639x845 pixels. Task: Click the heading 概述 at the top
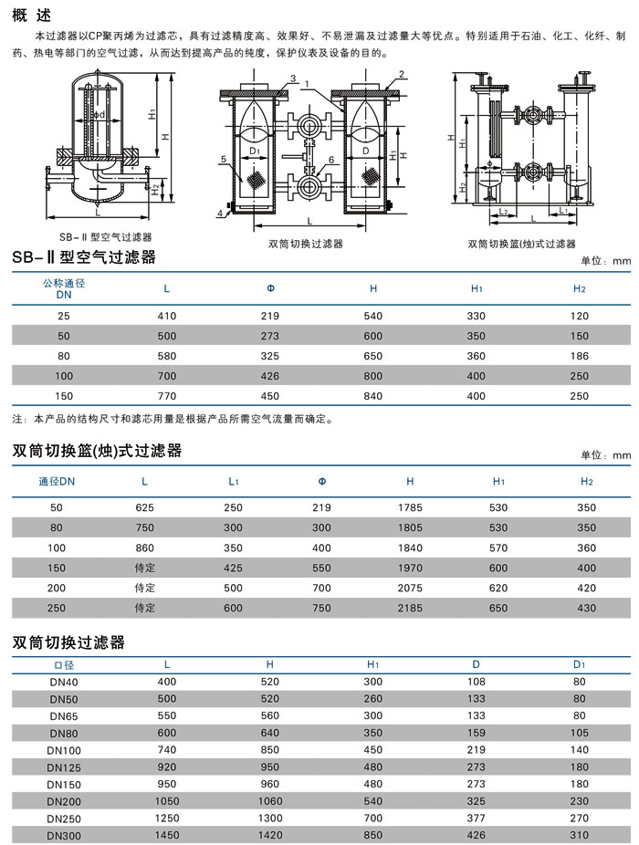click(x=32, y=16)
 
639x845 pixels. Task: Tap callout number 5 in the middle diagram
click(x=224, y=160)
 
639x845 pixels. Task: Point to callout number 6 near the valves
click(x=331, y=160)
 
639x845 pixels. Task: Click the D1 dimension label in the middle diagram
click(x=255, y=151)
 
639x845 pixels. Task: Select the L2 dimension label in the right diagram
click(x=503, y=212)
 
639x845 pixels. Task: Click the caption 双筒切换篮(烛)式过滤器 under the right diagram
click(x=521, y=244)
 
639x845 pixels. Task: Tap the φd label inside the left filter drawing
click(x=99, y=115)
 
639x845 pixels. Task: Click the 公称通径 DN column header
click(x=64, y=289)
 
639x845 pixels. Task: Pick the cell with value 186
click(x=579, y=356)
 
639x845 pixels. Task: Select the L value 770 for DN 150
click(x=167, y=396)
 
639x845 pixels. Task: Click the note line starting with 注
click(x=173, y=419)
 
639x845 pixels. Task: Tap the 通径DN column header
click(x=57, y=481)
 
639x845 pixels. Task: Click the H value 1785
click(x=410, y=507)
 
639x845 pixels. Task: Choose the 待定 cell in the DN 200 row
click(x=144, y=588)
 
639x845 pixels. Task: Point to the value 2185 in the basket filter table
click(x=410, y=608)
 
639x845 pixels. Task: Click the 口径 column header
click(x=64, y=665)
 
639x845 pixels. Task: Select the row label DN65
click(x=64, y=716)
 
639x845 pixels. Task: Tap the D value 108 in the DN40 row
click(x=477, y=682)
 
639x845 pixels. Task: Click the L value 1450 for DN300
click(x=167, y=835)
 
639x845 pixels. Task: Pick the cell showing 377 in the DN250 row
click(x=477, y=818)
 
